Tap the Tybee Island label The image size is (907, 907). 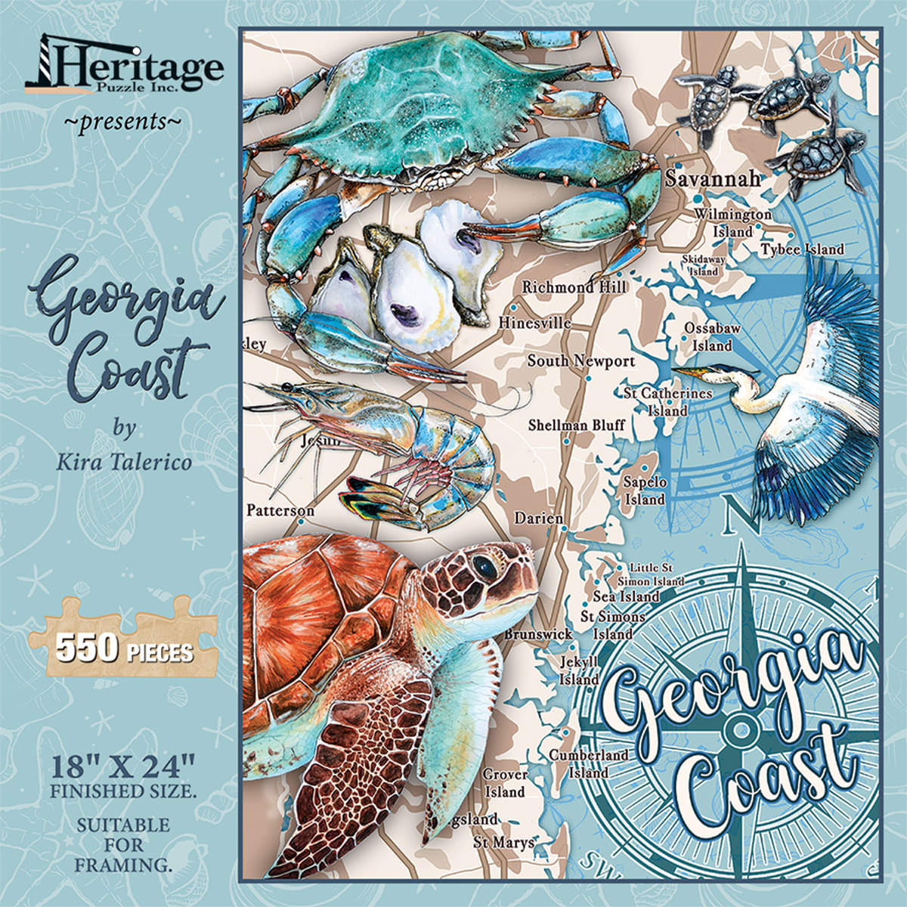coord(802,249)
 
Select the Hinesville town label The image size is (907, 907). coord(534,323)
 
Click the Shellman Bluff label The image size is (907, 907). coord(577,425)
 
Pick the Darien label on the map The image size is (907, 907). coord(538,519)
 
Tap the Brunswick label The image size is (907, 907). coord(538,634)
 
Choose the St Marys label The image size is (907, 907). coord(503,841)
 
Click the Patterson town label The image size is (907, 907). coord(280,511)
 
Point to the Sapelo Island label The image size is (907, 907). coord(645,491)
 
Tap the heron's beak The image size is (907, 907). coord(692,373)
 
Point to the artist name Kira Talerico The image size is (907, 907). coord(124,460)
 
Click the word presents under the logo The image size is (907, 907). coord(122,120)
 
